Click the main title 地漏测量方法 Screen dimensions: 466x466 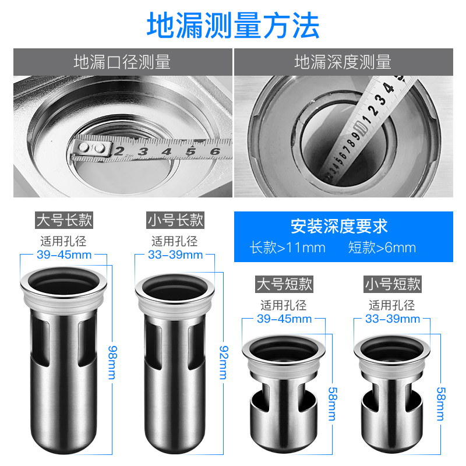pyautogui.click(x=233, y=25)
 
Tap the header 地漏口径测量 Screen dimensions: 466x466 pyautogui.click(x=122, y=62)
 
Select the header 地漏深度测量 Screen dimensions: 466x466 pyautogui.click(x=343, y=62)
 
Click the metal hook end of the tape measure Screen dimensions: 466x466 pyautogui.click(x=91, y=149)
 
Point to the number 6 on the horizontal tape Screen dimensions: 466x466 pyautogui.click(x=215, y=151)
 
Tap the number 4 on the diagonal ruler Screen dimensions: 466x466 pyautogui.click(x=389, y=88)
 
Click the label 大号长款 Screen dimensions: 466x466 pyautogui.click(x=64, y=220)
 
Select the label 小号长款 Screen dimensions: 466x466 pyautogui.click(x=175, y=220)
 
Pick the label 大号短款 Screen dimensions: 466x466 pyautogui.click(x=284, y=284)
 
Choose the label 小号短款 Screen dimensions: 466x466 pyautogui.click(x=392, y=284)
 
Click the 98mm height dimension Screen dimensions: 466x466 pyautogui.click(x=112, y=362)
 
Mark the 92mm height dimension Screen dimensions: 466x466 pyautogui.click(x=224, y=362)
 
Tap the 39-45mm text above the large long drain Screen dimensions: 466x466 pyautogui.click(x=64, y=255)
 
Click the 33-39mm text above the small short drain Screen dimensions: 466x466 pyautogui.click(x=392, y=319)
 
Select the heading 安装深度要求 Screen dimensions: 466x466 pyautogui.click(x=339, y=226)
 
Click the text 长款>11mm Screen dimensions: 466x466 pyautogui.click(x=287, y=248)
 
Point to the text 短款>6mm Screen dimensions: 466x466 pyautogui.click(x=382, y=248)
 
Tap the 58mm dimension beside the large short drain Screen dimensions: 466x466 pyautogui.click(x=332, y=404)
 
